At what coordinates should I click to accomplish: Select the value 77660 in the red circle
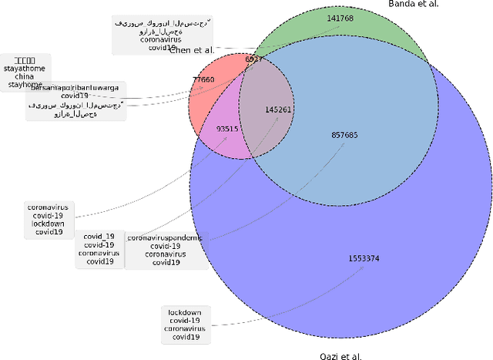(203, 79)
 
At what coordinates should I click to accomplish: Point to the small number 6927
(254, 59)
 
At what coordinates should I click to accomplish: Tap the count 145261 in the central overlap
(278, 109)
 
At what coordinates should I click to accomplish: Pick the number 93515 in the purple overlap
(227, 129)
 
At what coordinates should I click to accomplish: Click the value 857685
(344, 135)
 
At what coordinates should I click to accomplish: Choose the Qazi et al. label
(340, 356)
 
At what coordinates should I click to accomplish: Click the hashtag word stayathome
(25, 68)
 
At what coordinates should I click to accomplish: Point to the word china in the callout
(25, 76)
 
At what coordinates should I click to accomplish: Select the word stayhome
(25, 85)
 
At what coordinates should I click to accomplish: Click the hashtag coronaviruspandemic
(165, 238)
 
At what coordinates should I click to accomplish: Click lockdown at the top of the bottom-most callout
(185, 311)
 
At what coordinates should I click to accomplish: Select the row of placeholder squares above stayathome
(25, 59)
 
